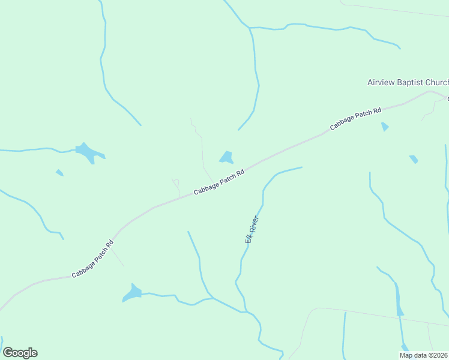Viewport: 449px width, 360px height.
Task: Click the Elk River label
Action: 251,229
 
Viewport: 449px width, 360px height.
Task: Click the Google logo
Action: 20,353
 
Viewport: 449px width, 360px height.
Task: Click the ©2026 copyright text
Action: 438,355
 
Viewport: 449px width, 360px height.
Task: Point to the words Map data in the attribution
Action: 414,355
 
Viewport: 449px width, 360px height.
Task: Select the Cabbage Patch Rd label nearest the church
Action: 355,119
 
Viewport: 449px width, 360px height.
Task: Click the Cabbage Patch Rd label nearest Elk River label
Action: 218,182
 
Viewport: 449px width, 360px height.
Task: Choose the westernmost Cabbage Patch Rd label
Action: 92,259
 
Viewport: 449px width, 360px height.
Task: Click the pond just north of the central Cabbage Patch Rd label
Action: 226,158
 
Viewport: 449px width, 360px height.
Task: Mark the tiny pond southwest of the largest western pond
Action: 59,173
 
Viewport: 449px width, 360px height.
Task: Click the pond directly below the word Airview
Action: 385,127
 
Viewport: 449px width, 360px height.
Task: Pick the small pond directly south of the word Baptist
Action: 414,159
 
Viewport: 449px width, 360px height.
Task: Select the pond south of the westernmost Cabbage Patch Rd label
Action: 132,293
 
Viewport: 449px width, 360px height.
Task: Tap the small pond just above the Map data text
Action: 405,347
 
